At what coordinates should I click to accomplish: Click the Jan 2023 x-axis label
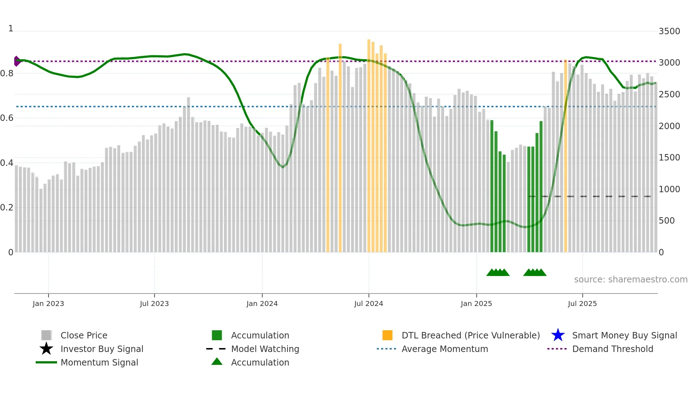pos(48,303)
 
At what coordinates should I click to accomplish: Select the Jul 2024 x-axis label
pos(368,303)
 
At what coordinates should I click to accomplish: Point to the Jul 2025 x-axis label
pos(582,303)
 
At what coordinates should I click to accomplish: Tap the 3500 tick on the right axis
pos(669,31)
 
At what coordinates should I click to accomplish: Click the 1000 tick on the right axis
pos(669,189)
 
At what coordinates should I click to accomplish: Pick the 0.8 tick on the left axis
pos(7,73)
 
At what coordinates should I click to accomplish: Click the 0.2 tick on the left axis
pos(7,208)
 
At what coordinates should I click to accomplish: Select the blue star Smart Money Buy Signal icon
pos(558,335)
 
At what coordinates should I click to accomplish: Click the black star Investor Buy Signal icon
pos(46,349)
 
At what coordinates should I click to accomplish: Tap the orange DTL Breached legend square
pos(387,335)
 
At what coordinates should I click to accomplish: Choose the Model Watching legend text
pos(265,349)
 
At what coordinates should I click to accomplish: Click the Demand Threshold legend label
pos(612,349)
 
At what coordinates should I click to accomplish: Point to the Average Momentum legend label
pos(445,349)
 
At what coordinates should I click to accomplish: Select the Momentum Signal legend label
pos(99,362)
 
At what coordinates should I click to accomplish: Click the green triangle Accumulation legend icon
pos(217,362)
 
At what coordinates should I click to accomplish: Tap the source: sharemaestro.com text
pos(631,280)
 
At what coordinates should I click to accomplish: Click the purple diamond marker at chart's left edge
pos(17,61)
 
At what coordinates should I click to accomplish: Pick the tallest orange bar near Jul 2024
pos(369,143)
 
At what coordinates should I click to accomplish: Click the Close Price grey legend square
pos(46,335)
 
